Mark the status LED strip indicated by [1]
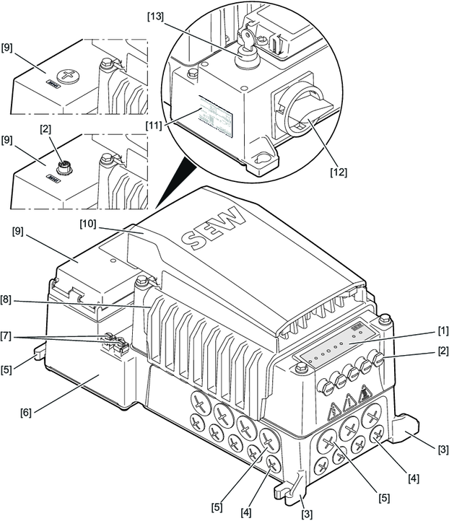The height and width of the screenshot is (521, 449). click(334, 351)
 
